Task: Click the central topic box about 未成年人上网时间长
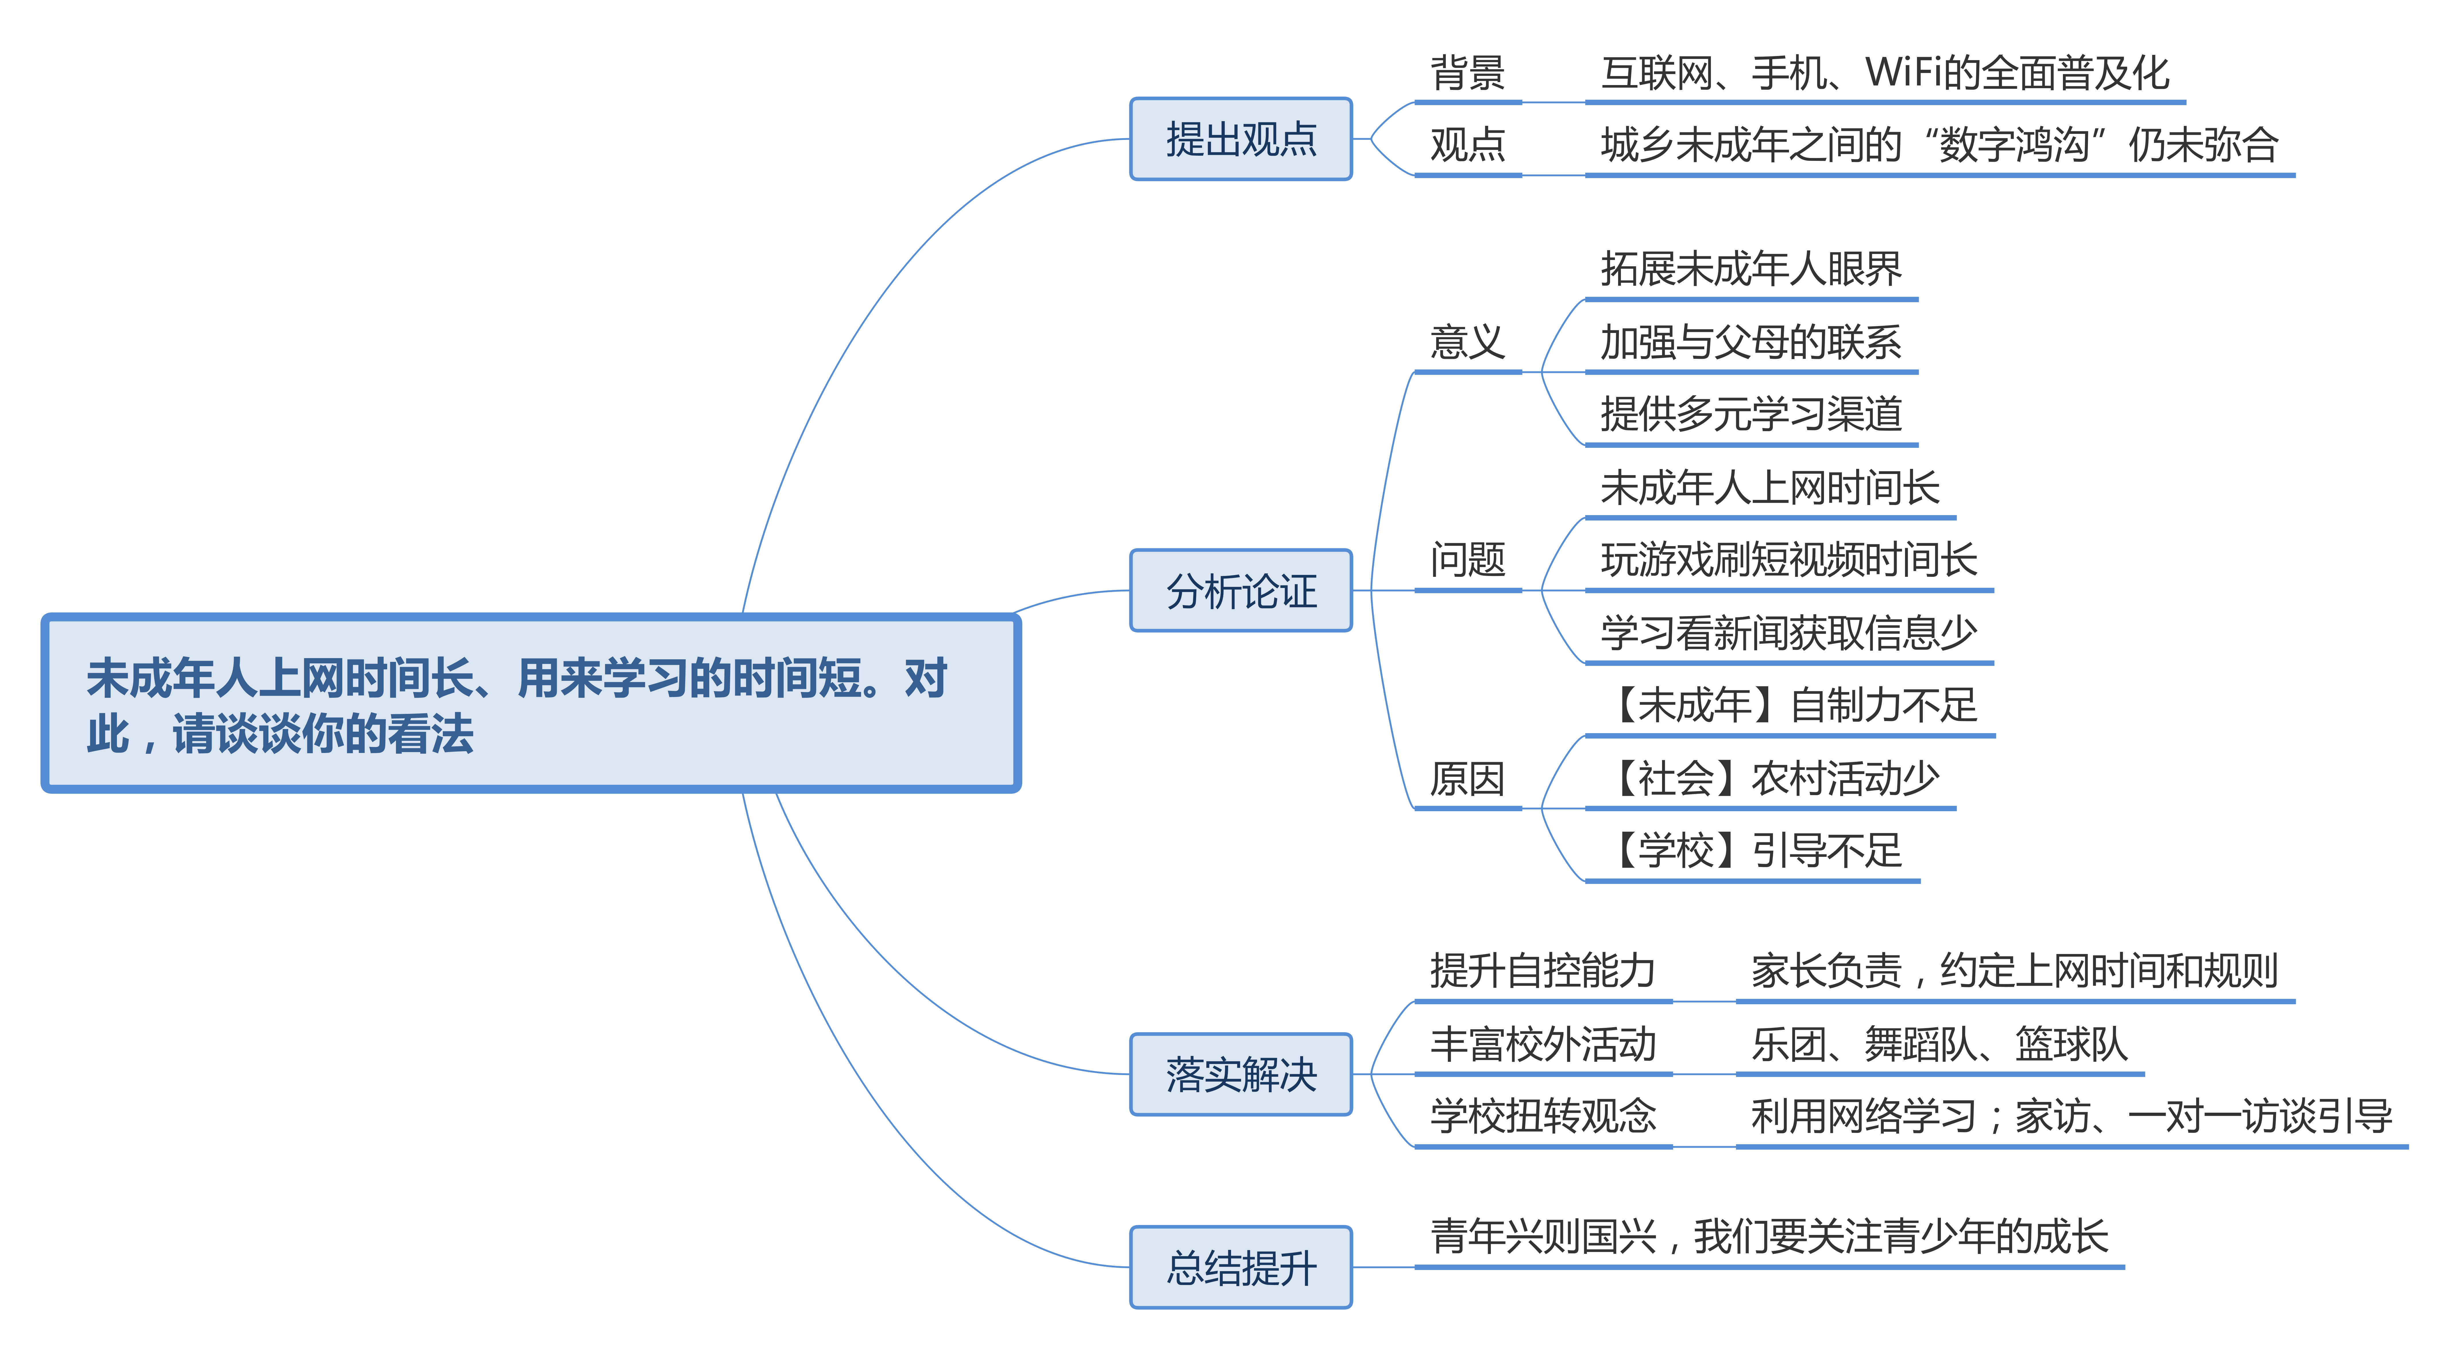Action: (x=531, y=704)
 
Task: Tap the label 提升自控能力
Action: (x=1543, y=970)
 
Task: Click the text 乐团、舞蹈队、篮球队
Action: (x=1938, y=1044)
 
